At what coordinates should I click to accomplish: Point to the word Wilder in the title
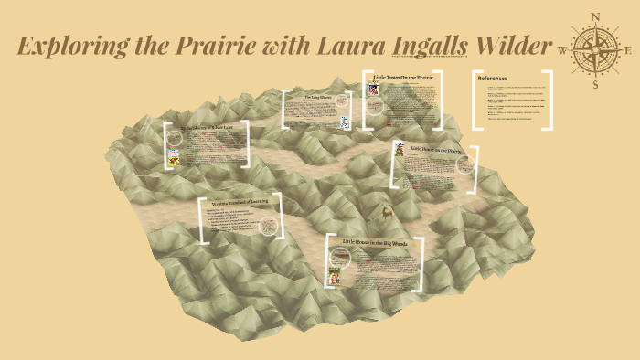point(517,46)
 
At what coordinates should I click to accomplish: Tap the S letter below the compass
point(595,85)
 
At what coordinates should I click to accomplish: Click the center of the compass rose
point(595,50)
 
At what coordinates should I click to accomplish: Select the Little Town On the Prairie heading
point(403,79)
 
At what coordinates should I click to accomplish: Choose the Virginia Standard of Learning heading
point(240,204)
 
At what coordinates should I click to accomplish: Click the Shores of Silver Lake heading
point(209,129)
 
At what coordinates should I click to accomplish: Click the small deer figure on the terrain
point(388,212)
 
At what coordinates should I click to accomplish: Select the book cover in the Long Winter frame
point(345,122)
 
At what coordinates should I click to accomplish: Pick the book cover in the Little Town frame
point(373,90)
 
